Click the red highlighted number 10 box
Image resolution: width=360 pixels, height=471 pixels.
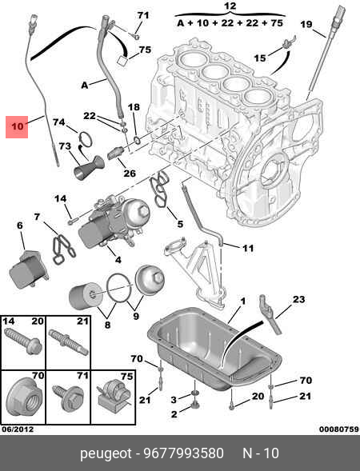17,126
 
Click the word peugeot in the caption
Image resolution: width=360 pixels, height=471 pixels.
107,453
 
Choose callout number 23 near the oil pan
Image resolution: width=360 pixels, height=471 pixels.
298,300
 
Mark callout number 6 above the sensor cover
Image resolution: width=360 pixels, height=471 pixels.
19,226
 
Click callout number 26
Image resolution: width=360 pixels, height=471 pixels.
129,172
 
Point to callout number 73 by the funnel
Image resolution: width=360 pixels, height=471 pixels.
65,146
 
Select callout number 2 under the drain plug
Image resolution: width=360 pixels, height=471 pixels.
173,414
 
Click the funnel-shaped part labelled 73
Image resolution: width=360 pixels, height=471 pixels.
86,170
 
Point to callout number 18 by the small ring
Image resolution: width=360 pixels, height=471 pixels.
134,107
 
